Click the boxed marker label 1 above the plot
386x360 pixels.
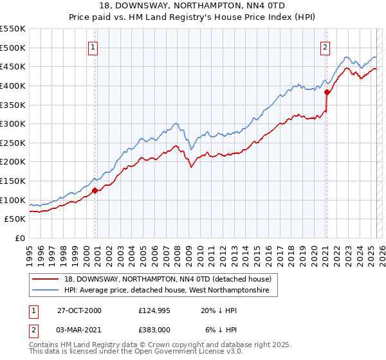[x=93, y=46]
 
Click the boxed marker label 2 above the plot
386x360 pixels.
[x=326, y=46]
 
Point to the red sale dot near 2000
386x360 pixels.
[x=95, y=190]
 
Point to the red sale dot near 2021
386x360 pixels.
[x=327, y=92]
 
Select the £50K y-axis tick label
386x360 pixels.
[x=15, y=219]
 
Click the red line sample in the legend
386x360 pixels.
[x=46, y=279]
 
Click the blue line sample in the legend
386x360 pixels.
[x=46, y=291]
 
